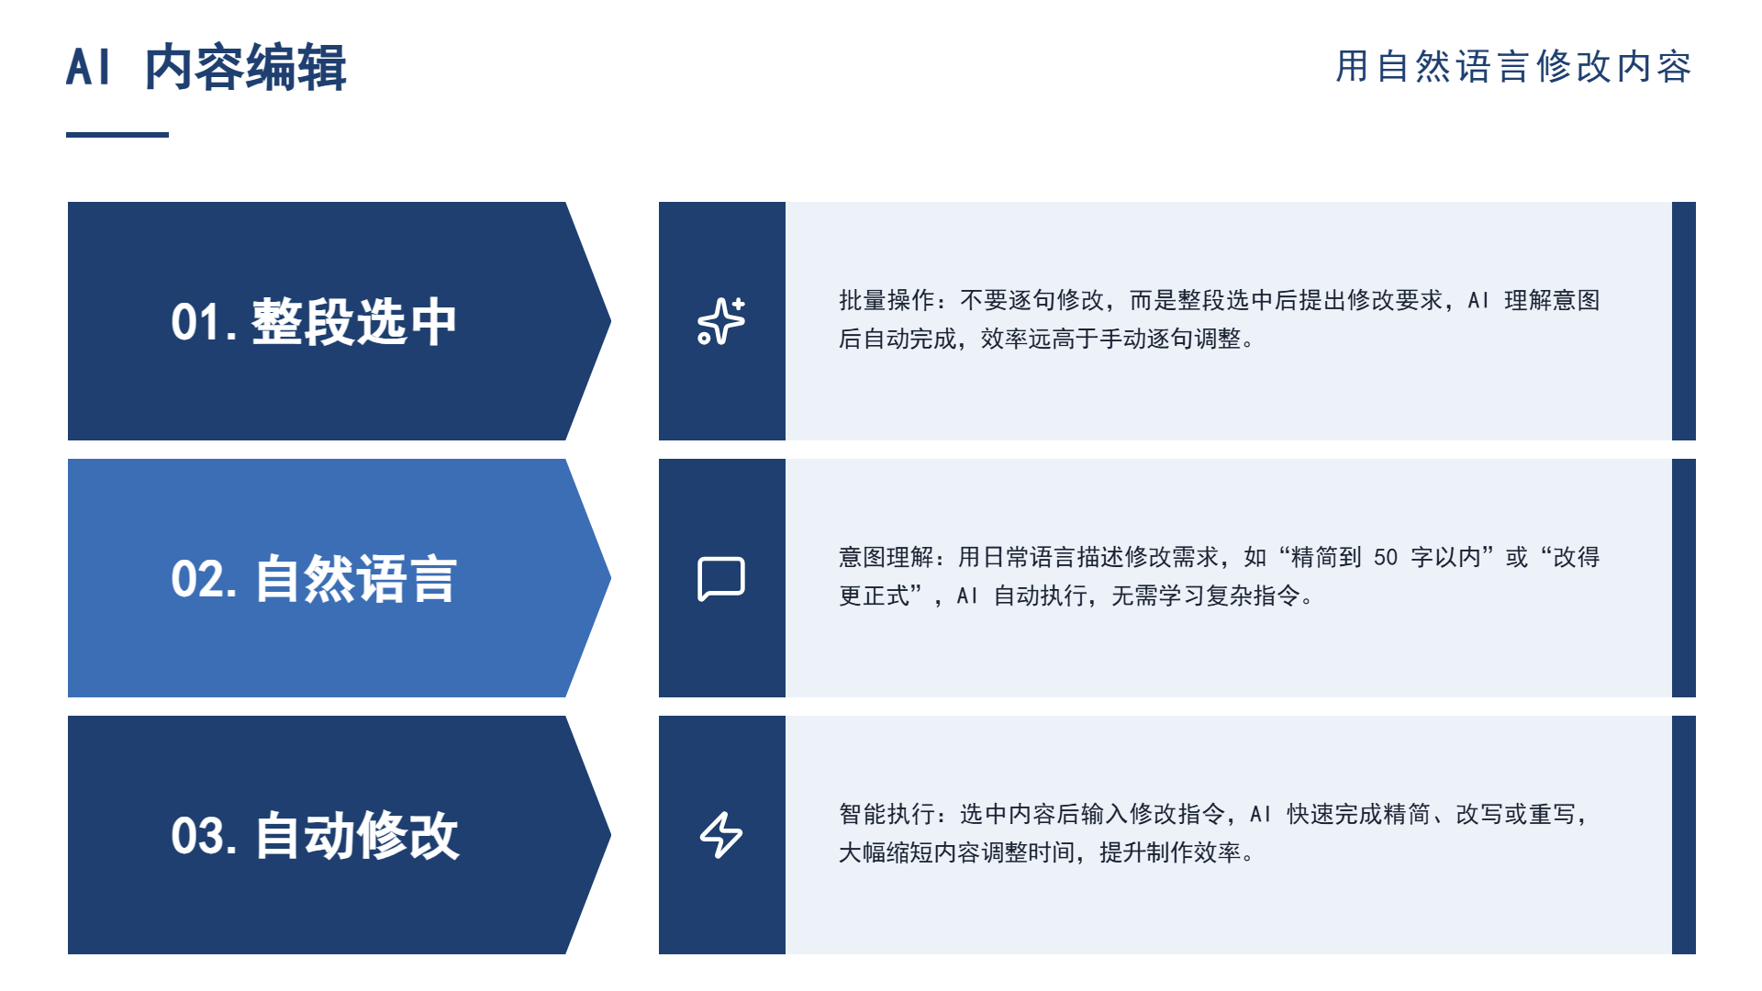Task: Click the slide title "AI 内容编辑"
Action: pyautogui.click(x=206, y=67)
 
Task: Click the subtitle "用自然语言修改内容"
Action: pyautogui.click(x=1513, y=67)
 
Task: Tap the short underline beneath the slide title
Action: pyautogui.click(x=117, y=135)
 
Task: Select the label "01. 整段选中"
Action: pyautogui.click(x=314, y=322)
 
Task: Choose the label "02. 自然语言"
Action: pyautogui.click(x=314, y=579)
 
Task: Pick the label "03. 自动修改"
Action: pyautogui.click(x=315, y=836)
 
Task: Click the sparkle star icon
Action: pyautogui.click(x=721, y=321)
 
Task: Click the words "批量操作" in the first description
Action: pyautogui.click(x=887, y=301)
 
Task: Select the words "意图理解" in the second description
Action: pyautogui.click(x=887, y=558)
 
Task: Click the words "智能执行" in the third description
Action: pyautogui.click(x=887, y=815)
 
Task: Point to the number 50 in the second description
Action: pyautogui.click(x=1386, y=558)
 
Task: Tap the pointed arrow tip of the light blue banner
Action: pyautogui.click(x=610, y=578)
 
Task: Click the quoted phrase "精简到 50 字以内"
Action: pyautogui.click(x=1386, y=558)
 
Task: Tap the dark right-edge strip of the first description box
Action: pyautogui.click(x=1684, y=321)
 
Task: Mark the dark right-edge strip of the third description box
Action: pyautogui.click(x=1684, y=835)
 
